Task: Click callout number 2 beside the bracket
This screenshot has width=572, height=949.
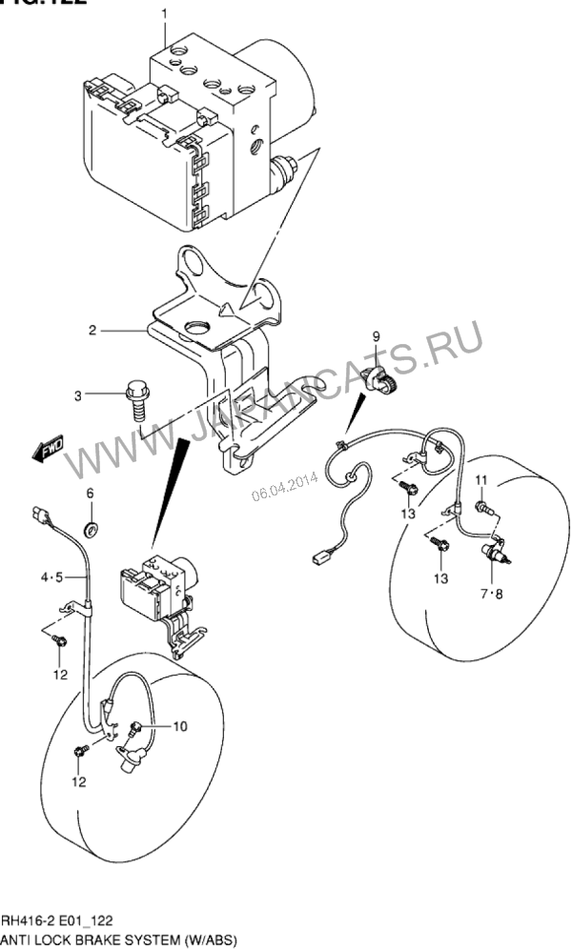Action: (x=93, y=331)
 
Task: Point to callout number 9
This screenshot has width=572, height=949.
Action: (x=376, y=335)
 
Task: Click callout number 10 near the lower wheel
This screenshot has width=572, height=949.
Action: (x=180, y=726)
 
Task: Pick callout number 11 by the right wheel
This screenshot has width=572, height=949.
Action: (x=481, y=478)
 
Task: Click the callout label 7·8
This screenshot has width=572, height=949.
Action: (x=492, y=594)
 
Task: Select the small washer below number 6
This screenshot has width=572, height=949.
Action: (x=91, y=526)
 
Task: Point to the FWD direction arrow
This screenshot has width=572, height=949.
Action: (x=46, y=450)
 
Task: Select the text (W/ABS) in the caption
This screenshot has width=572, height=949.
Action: (x=207, y=938)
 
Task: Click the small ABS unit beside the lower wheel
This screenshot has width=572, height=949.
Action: (x=158, y=591)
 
